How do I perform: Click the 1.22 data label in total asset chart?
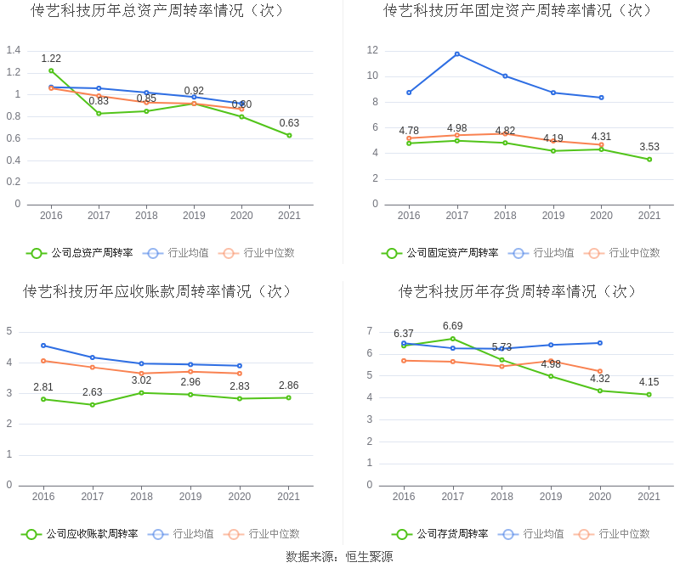point(51,59)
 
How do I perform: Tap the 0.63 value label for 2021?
point(289,123)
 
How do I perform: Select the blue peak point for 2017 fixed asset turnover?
point(457,54)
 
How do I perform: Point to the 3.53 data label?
point(649,147)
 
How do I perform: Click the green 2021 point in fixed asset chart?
point(649,159)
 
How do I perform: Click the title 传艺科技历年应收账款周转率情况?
point(158,291)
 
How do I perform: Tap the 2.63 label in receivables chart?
point(92,392)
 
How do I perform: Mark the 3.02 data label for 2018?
point(141,380)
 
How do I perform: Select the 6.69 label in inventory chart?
point(452,326)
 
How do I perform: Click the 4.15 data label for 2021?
point(649,382)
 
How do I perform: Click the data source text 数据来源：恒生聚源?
point(339,557)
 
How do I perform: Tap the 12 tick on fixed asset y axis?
point(372,50)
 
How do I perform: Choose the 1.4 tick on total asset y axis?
point(13,50)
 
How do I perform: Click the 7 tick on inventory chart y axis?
point(369,331)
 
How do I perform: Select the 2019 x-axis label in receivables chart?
point(190,496)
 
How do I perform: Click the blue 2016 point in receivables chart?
point(43,346)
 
